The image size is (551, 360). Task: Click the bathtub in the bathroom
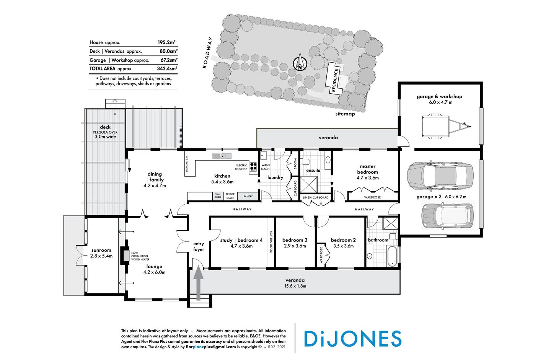392,256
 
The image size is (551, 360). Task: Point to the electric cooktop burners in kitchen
253,167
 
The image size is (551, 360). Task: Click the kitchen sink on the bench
222,155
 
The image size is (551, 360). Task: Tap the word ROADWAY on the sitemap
207,53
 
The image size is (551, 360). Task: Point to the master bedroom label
367,169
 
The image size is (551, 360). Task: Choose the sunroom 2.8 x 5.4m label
101,253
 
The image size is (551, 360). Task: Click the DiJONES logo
352,339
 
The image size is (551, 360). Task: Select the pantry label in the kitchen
248,196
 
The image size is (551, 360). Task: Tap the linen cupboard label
315,197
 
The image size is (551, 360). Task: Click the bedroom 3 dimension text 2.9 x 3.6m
295,246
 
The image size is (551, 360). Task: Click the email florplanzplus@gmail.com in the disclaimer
211,347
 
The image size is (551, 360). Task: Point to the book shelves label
271,241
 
